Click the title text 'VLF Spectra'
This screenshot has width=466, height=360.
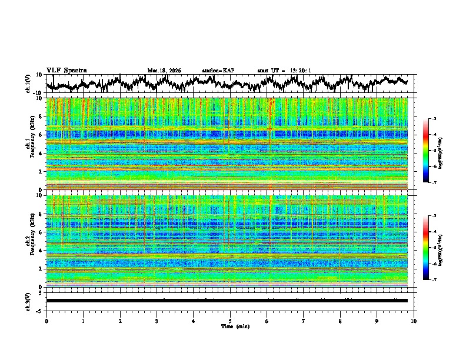66,70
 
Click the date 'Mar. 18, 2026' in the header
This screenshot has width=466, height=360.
164,71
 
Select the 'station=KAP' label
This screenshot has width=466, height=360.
218,71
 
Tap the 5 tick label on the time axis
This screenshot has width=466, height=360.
230,321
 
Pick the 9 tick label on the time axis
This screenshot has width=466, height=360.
377,321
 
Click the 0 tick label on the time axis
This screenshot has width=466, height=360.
46,321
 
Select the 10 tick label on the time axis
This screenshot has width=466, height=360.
414,321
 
